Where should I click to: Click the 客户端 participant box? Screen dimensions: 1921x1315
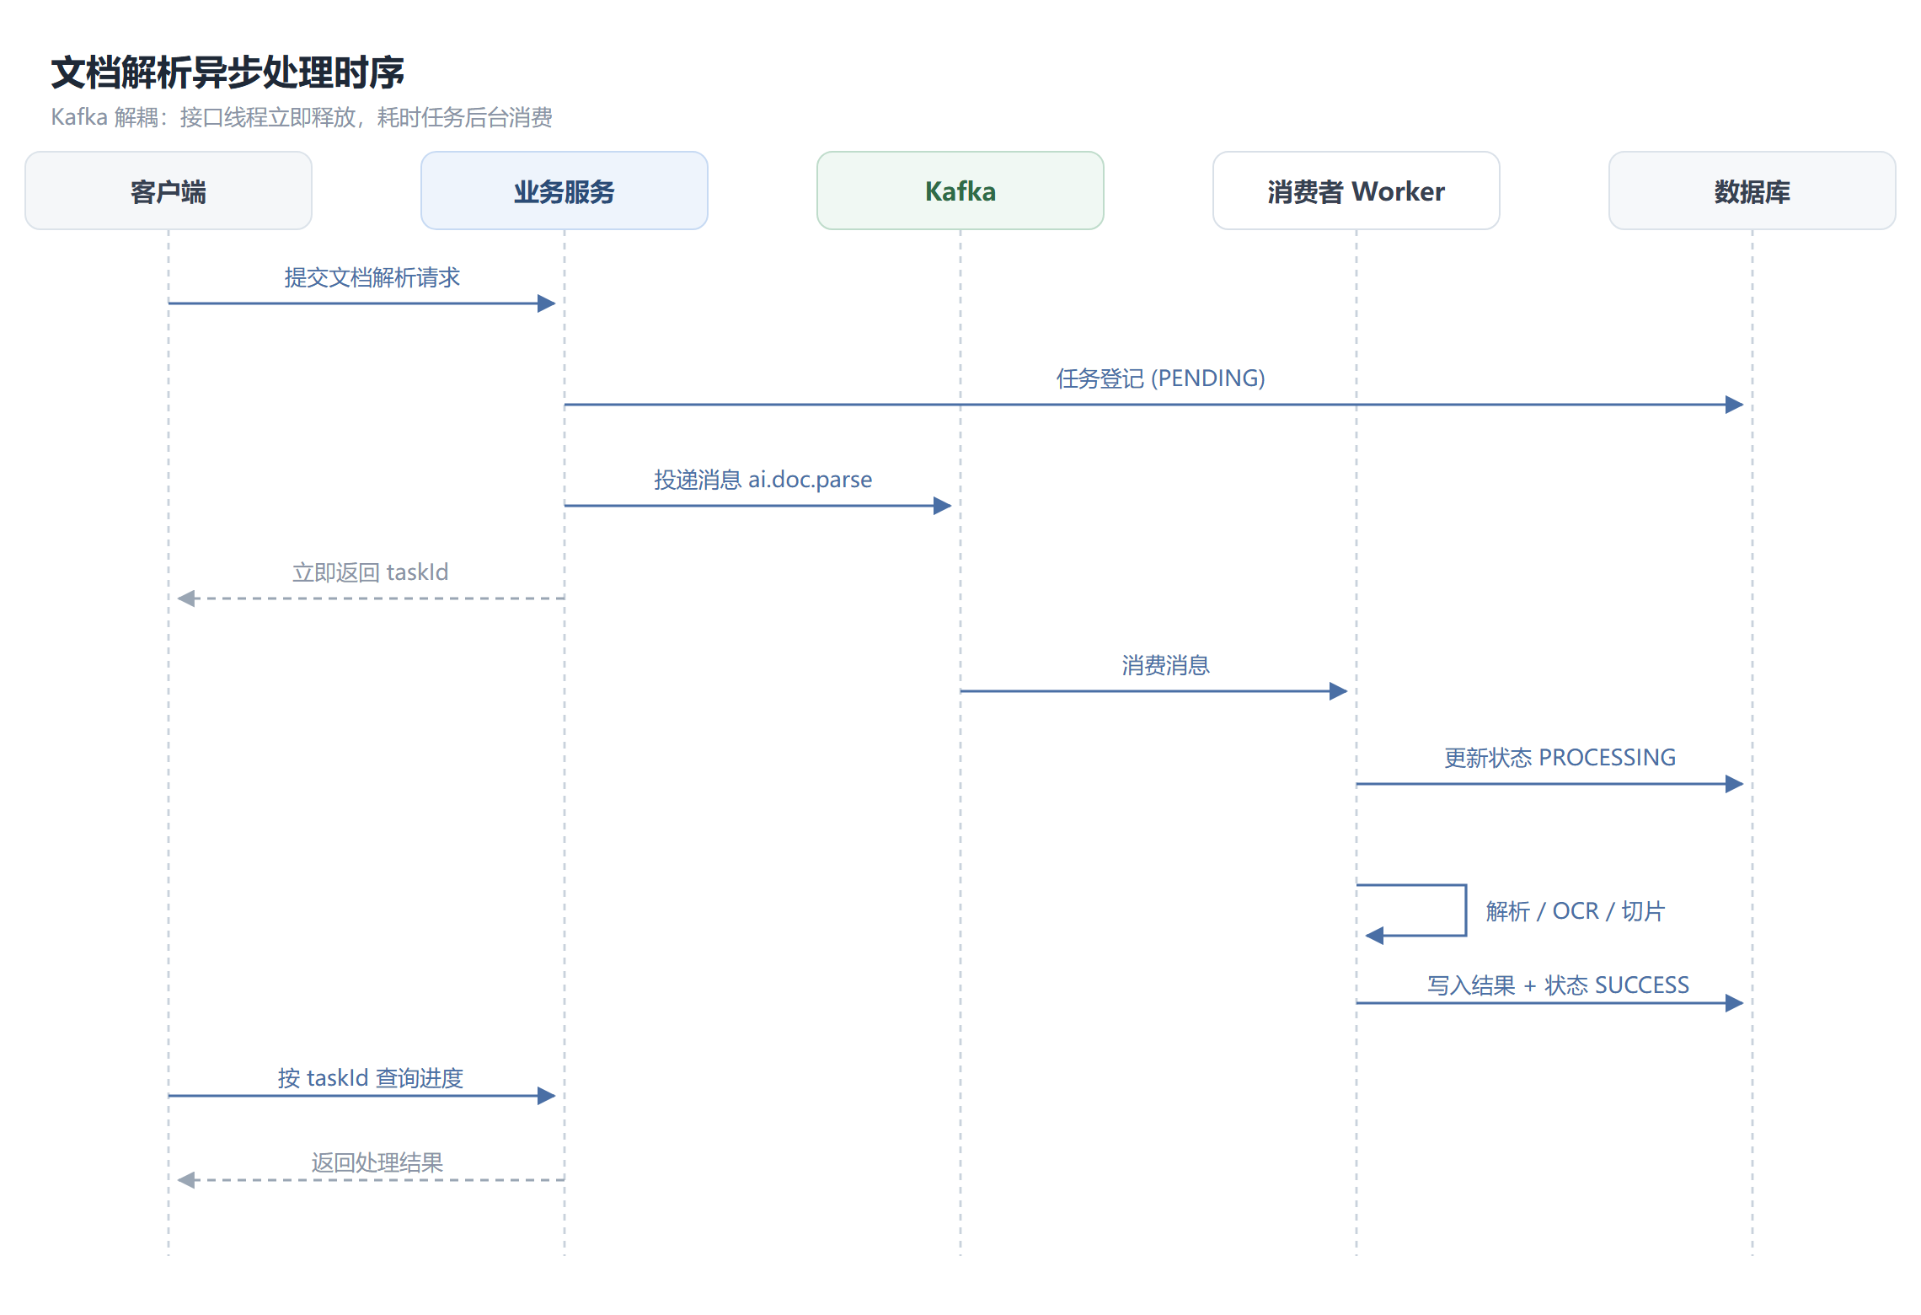click(169, 191)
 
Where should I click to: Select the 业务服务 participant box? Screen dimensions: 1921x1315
click(565, 191)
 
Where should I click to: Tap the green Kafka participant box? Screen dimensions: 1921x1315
click(960, 191)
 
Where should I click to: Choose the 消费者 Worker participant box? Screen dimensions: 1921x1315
click(1356, 191)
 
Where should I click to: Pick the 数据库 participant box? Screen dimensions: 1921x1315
click(1752, 191)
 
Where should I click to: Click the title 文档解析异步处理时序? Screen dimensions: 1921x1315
click(227, 72)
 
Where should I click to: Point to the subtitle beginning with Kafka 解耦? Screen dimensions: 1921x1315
click(302, 117)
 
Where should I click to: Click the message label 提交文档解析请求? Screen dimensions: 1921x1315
click(372, 277)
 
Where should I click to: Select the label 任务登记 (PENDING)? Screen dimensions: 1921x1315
click(1161, 378)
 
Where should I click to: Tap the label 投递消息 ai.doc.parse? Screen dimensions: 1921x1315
click(763, 480)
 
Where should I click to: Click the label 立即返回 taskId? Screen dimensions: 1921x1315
click(371, 572)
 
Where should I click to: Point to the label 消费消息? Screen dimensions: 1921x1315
click(1166, 665)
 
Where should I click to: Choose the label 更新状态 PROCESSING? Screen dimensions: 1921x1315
click(1560, 758)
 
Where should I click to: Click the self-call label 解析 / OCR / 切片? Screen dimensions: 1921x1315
click(1576, 911)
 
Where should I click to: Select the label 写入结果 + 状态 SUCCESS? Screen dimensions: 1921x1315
click(1559, 985)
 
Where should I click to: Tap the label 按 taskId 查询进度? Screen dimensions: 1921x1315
click(371, 1078)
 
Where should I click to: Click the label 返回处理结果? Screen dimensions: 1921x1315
click(377, 1162)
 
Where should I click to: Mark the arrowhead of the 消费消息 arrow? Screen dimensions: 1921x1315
click(1339, 691)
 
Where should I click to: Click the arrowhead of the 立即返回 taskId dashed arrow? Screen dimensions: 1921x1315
click(186, 598)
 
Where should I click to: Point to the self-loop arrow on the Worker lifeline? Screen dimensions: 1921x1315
click(1466, 910)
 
